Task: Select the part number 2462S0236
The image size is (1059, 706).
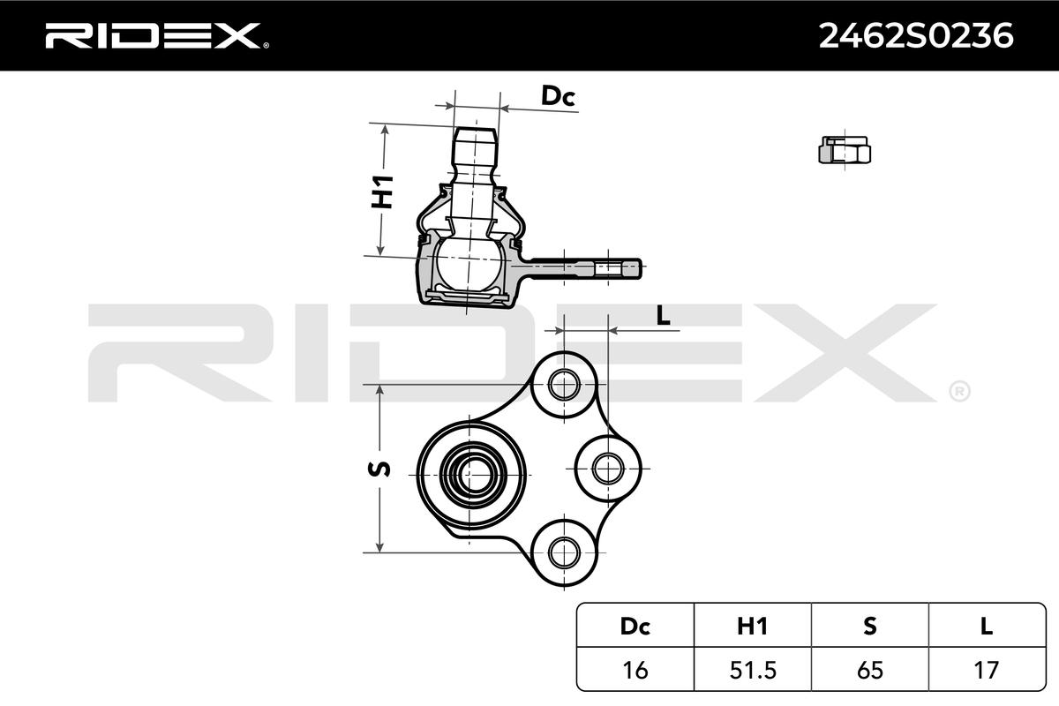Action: (x=916, y=35)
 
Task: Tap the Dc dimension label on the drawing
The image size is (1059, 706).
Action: (x=558, y=96)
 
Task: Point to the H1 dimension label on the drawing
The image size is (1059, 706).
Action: (x=381, y=192)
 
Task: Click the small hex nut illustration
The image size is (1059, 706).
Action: (x=845, y=150)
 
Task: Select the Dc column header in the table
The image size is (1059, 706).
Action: (x=635, y=626)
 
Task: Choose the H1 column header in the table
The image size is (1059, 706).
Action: (x=752, y=626)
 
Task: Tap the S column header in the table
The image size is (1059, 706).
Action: (x=869, y=626)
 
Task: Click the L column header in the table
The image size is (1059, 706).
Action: (x=986, y=626)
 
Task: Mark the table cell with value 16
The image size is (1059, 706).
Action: (x=635, y=670)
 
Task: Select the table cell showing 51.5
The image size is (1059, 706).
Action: (x=752, y=670)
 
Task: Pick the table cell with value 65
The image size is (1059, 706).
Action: (x=869, y=670)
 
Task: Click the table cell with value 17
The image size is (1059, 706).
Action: (x=986, y=670)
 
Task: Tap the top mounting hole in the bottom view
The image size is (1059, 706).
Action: (x=562, y=384)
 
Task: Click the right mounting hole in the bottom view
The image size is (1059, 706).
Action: (x=607, y=468)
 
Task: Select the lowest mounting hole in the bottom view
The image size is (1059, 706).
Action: (x=562, y=552)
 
